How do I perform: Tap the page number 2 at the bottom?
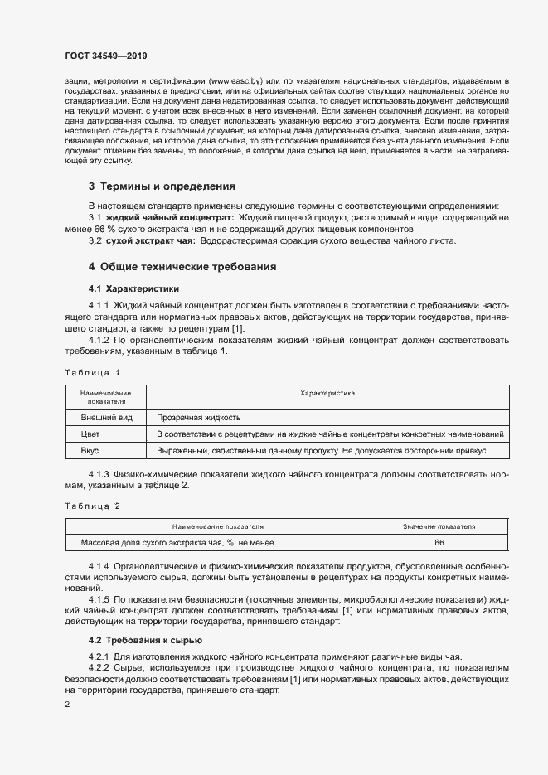point(68,704)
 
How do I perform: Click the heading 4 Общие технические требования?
point(182,267)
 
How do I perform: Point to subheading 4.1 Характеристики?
point(134,289)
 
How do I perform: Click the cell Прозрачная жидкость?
point(199,418)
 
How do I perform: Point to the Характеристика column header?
point(327,394)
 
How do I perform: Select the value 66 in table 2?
point(439,543)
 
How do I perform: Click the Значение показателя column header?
point(439,526)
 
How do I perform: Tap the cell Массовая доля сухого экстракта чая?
point(177,543)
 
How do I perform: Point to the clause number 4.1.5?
point(99,598)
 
